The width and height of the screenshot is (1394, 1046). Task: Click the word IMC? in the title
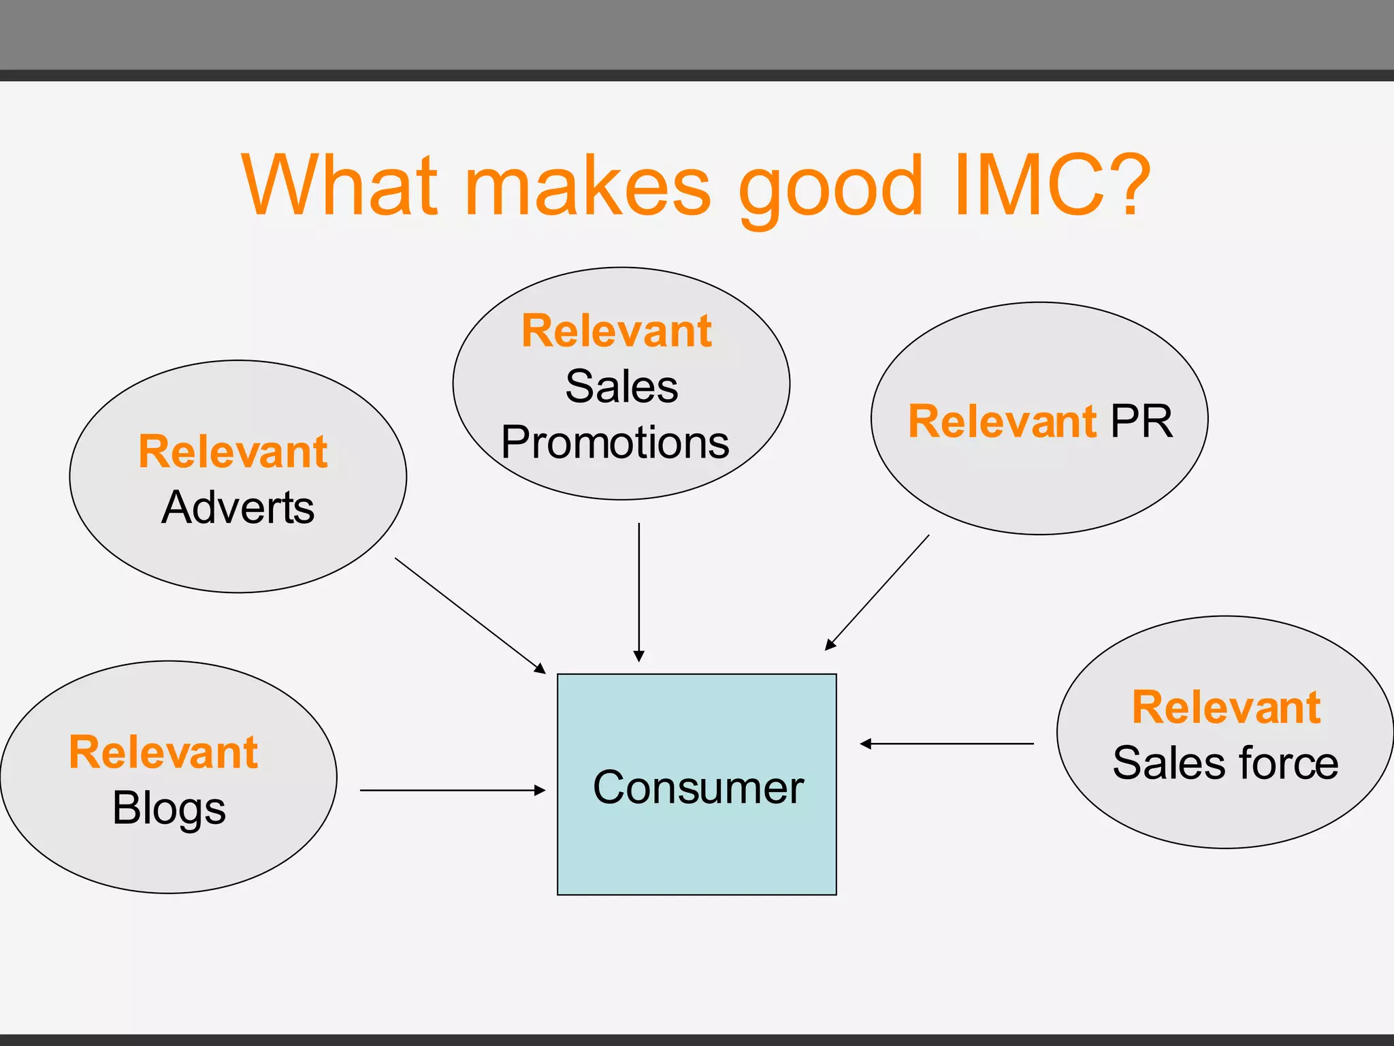tap(1052, 185)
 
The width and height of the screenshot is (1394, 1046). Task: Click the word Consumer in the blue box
tap(698, 787)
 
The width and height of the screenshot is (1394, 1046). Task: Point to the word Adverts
tap(238, 507)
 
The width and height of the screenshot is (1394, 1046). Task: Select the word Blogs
tap(169, 809)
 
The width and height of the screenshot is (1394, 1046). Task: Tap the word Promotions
tap(615, 443)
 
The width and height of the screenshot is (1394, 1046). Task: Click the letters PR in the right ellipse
tap(1141, 421)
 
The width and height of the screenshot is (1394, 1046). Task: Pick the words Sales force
tap(1225, 763)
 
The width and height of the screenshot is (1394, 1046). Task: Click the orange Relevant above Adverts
tap(233, 451)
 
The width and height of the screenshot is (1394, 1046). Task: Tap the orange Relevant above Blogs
tap(163, 752)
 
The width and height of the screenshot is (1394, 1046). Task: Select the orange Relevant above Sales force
tap(1226, 707)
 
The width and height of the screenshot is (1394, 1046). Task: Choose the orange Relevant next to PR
tap(1002, 421)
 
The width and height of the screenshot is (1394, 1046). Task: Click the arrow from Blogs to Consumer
tap(453, 790)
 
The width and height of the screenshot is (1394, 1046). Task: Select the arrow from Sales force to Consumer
tap(946, 744)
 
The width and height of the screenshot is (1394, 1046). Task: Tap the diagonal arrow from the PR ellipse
tap(877, 592)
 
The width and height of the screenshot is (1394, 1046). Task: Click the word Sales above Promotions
tap(621, 387)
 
